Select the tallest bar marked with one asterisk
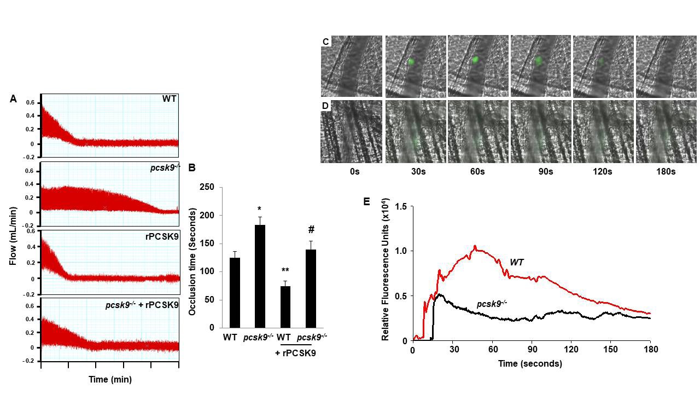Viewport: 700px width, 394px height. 260,276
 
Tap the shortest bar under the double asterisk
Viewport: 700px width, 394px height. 285,306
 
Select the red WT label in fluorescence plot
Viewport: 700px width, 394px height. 517,263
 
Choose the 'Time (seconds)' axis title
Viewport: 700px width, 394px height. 530,363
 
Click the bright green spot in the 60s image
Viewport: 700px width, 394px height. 475,60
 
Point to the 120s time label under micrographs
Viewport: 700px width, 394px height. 603,172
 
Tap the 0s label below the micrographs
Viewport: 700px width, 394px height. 354,172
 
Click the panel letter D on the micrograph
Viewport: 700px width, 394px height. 326,105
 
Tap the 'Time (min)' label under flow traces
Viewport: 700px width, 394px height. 110,379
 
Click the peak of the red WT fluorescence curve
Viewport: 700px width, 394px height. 475,246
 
